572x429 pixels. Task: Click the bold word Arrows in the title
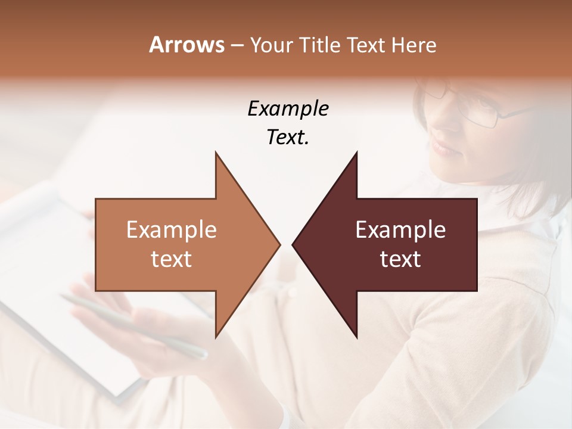186,45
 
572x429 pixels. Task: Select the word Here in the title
414,45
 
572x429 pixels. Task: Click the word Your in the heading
271,45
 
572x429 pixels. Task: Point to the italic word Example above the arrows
288,109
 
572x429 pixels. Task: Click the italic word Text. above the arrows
288,138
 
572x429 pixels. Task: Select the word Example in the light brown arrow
171,230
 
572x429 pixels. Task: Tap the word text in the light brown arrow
171,259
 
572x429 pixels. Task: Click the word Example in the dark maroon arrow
400,230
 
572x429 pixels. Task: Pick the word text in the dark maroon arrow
400,259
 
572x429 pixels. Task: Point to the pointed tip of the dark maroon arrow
293,244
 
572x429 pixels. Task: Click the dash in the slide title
237,45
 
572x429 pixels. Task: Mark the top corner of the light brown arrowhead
216,153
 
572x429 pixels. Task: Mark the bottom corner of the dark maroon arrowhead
357,337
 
